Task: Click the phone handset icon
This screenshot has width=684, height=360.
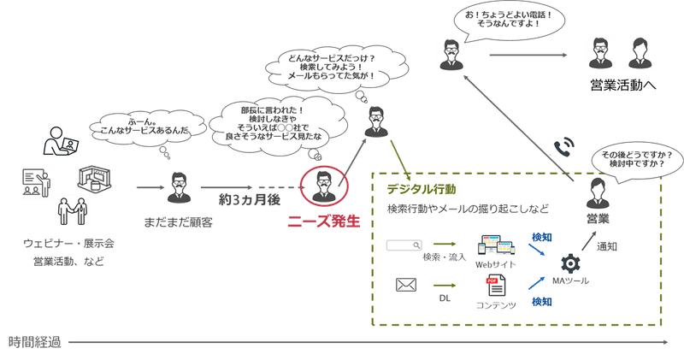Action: click(x=564, y=147)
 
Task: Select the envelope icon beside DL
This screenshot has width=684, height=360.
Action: click(x=407, y=286)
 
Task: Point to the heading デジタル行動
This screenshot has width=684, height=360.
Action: click(x=421, y=188)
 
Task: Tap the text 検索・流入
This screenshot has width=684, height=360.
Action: click(x=443, y=257)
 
